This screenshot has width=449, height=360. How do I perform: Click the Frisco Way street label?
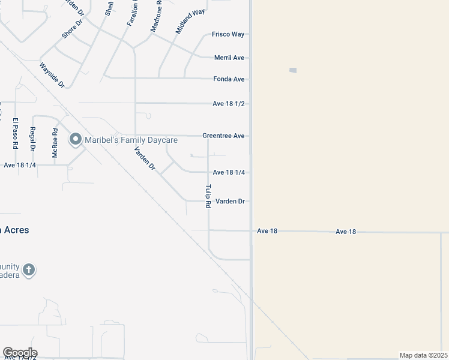(228, 34)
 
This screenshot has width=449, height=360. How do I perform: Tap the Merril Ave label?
(229, 58)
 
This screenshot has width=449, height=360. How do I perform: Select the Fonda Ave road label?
(229, 79)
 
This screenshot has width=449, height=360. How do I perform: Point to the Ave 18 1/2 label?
(228, 104)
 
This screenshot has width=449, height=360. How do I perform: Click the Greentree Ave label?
(223, 136)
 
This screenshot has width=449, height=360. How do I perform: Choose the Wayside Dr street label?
(52, 75)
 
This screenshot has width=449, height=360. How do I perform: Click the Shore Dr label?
(72, 28)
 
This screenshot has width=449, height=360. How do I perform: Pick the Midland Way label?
(190, 21)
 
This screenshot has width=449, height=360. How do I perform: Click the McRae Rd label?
(55, 143)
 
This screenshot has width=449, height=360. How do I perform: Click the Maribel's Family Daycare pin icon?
(76, 140)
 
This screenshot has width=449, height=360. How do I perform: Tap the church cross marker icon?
(29, 270)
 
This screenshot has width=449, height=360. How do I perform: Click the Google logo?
(20, 353)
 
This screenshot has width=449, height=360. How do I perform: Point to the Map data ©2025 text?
(423, 355)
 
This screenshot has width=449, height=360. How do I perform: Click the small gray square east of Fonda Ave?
(293, 70)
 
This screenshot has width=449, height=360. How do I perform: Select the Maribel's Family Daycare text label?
(131, 140)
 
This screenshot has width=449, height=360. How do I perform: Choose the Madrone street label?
(156, 16)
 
